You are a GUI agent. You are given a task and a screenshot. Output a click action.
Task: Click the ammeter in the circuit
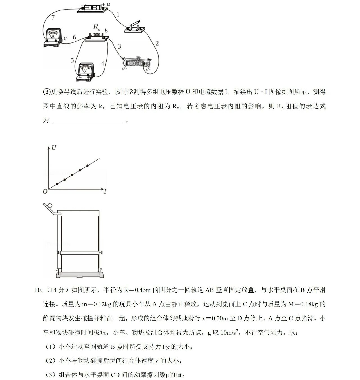click(x=53, y=37)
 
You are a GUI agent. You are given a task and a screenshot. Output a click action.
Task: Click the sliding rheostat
click(x=136, y=63)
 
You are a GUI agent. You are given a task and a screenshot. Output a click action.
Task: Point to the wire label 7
click(x=53, y=17)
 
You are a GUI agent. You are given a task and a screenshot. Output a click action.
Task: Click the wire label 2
click(x=157, y=43)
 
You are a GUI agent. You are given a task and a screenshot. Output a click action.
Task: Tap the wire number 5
click(x=72, y=60)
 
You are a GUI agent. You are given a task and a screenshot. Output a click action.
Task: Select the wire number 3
click(x=119, y=46)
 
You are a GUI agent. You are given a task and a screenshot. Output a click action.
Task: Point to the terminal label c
click(x=65, y=38)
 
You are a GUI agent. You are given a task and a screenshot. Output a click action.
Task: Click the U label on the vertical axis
click(x=54, y=148)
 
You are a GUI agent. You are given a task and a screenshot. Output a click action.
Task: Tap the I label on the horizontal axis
click(x=105, y=192)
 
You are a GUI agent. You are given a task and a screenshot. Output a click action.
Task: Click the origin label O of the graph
click(x=45, y=192)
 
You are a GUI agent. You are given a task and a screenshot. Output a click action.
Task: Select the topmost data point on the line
click(x=87, y=165)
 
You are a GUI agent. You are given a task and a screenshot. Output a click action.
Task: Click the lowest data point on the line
click(x=57, y=184)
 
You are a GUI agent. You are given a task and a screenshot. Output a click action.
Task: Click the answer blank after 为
click(x=87, y=121)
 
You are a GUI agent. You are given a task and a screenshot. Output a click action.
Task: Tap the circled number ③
click(x=46, y=92)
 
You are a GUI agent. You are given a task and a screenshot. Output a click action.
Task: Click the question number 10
click(x=38, y=290)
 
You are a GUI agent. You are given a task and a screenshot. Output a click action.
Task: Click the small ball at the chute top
click(x=51, y=206)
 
